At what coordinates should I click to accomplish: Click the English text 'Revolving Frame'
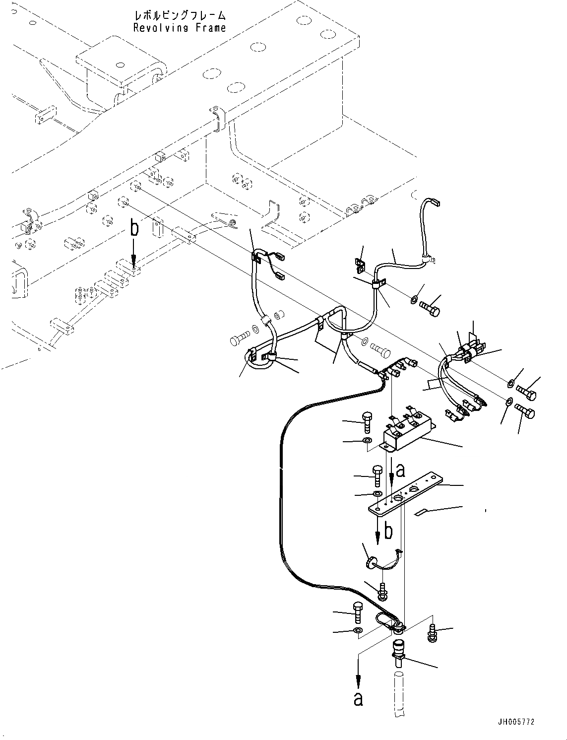pyautogui.click(x=179, y=28)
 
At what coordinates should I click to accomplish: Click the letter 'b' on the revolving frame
pyautogui.click(x=133, y=229)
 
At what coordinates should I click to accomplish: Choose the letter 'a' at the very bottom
pyautogui.click(x=358, y=698)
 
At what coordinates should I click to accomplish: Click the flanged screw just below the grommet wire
pyautogui.click(x=383, y=590)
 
